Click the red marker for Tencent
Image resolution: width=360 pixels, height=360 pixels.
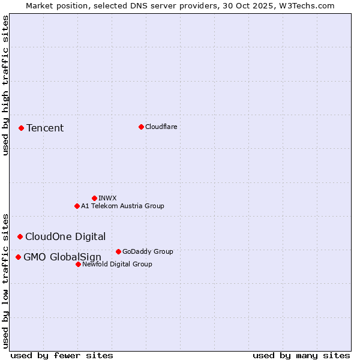(21, 128)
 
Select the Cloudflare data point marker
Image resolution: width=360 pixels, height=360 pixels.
(141, 127)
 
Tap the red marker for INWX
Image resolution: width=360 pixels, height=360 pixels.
(94, 198)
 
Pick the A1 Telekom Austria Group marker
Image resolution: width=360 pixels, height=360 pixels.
(77, 206)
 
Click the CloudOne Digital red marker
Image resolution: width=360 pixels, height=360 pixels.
(20, 236)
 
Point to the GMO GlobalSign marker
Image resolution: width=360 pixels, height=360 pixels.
(18, 257)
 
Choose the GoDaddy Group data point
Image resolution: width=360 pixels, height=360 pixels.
(118, 251)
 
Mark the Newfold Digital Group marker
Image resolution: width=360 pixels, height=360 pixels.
(78, 264)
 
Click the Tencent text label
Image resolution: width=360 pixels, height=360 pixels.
(45, 128)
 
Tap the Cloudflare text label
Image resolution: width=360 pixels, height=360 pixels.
(161, 127)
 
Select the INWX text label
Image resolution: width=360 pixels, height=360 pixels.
(107, 198)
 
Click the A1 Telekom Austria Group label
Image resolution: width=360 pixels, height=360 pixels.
(122, 206)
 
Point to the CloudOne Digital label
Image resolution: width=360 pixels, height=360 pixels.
(65, 236)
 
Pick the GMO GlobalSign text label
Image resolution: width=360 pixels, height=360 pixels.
(62, 257)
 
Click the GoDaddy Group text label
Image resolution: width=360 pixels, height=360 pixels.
(148, 251)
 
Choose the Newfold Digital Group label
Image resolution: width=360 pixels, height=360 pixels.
(117, 264)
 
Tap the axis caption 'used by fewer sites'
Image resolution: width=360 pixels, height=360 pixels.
(62, 355)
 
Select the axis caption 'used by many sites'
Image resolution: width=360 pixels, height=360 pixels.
(301, 355)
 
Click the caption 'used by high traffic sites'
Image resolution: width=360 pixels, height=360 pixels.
(5, 85)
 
